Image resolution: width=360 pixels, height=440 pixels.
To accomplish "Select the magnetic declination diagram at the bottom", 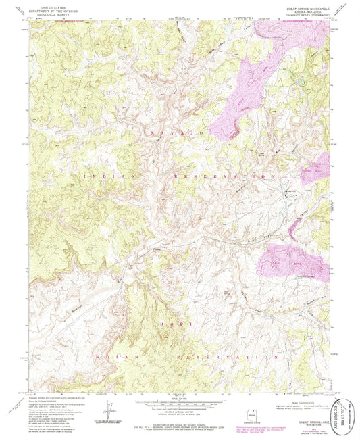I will (110, 410).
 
